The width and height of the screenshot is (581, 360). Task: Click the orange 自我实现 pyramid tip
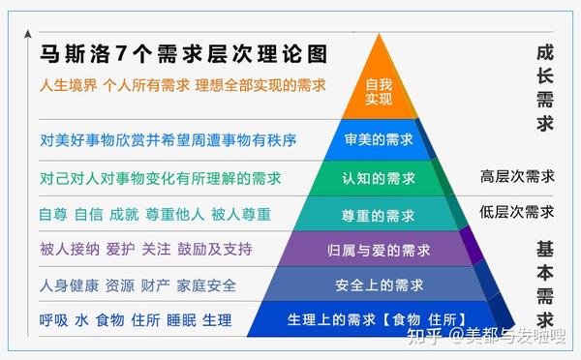[x=379, y=92]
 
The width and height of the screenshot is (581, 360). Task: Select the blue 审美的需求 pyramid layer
[x=379, y=139]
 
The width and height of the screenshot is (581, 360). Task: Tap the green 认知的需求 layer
[x=379, y=178]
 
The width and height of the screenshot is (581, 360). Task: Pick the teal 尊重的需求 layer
[x=379, y=214]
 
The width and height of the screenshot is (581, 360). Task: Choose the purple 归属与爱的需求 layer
[x=379, y=250]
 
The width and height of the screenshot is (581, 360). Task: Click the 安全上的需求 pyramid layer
[x=379, y=285]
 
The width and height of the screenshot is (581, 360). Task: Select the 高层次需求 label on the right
[x=517, y=176]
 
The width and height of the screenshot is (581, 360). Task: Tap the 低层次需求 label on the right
[x=517, y=211]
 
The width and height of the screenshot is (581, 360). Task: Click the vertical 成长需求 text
[x=544, y=86]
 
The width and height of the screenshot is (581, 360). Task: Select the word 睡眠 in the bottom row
[x=185, y=319]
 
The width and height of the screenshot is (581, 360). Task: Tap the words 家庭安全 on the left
[x=204, y=285]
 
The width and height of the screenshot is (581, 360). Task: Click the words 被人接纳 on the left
[x=72, y=250]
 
